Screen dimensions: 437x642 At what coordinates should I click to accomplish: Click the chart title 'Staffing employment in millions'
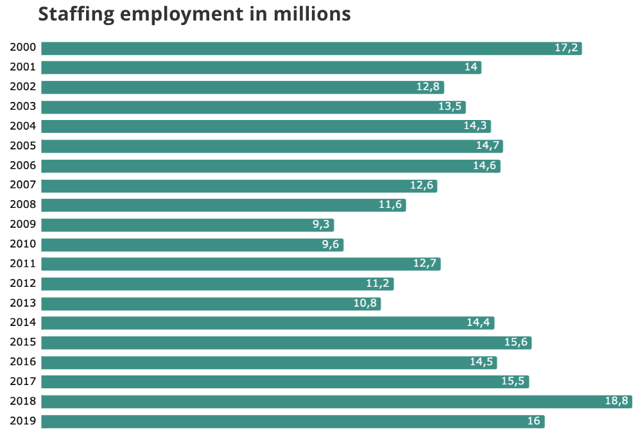point(194,14)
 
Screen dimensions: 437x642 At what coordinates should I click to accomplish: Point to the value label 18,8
point(616,402)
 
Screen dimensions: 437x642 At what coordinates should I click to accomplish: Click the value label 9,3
point(320,225)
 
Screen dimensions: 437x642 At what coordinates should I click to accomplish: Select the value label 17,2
point(566,48)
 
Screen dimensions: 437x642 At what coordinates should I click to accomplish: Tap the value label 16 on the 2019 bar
point(534,422)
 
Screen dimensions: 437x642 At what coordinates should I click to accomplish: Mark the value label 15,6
point(516,343)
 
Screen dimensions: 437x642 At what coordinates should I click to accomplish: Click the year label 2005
point(22,146)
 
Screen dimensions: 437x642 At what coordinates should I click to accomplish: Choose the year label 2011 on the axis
point(22,264)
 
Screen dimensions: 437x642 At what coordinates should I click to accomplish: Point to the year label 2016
point(22,362)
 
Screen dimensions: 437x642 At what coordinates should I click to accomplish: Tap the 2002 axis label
point(22,87)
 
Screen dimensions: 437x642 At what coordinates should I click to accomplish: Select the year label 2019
point(22,421)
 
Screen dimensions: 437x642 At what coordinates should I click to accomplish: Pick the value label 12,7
point(425,264)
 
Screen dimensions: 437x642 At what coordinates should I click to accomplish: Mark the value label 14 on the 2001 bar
point(471,67)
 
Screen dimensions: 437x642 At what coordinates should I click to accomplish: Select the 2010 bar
point(192,244)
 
